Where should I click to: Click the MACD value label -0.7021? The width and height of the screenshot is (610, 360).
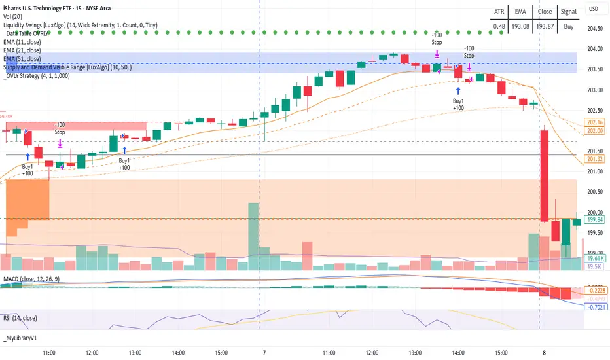595,306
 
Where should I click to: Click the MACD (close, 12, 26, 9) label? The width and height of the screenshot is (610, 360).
37,280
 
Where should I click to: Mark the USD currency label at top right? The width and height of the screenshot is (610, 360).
594,9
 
